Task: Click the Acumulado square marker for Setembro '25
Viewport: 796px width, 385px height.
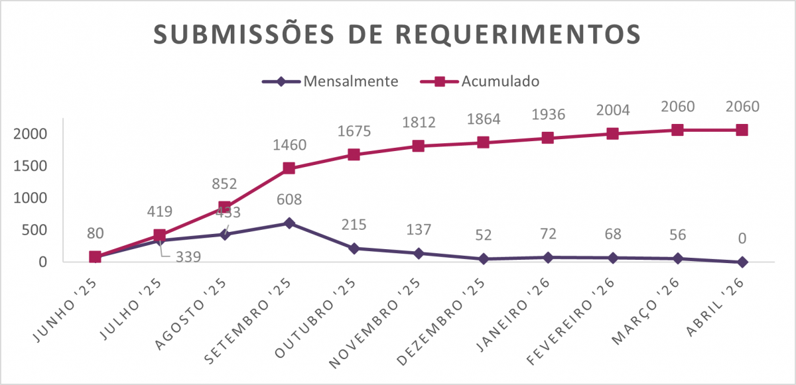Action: [x=289, y=168]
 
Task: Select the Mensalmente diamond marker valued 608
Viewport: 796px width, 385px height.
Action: [x=289, y=223]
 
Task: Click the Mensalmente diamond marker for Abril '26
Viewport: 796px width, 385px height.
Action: [x=742, y=262]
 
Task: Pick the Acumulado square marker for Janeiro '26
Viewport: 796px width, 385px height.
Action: [x=547, y=138]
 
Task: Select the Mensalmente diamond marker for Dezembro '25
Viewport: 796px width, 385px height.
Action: [x=483, y=258]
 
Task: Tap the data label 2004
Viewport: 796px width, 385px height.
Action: [x=612, y=109]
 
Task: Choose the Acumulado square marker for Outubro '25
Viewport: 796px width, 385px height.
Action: [x=354, y=154]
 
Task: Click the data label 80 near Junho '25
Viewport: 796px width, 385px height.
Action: [x=95, y=233]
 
